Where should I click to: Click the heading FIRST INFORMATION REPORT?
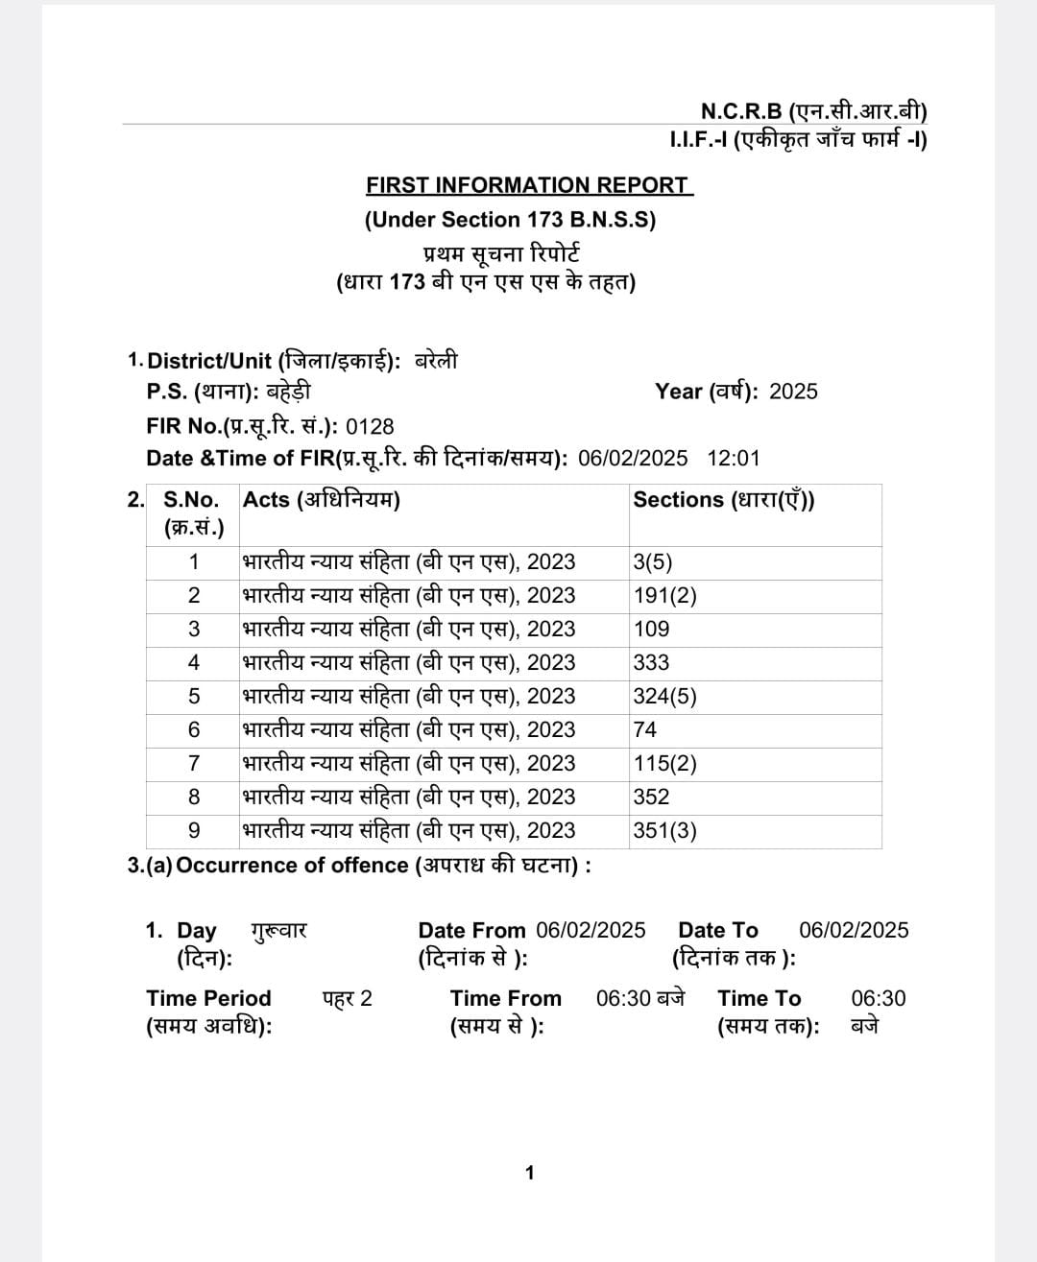click(x=528, y=185)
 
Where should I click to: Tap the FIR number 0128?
click(x=370, y=426)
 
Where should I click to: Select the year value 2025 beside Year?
click(x=793, y=392)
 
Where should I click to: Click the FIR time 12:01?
click(x=734, y=458)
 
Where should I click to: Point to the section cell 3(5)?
click(x=653, y=562)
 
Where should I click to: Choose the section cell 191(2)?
click(x=664, y=596)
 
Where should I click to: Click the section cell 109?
click(x=651, y=630)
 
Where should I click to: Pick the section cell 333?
click(x=651, y=663)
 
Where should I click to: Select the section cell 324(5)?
click(x=664, y=697)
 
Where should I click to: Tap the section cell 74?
click(x=645, y=730)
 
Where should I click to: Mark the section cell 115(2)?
click(x=664, y=764)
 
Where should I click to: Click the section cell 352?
click(x=651, y=798)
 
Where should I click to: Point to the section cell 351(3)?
click(x=664, y=831)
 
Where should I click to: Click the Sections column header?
click(x=723, y=500)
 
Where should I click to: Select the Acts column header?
click(x=321, y=500)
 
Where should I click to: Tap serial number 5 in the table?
click(x=194, y=697)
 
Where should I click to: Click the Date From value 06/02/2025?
click(x=591, y=930)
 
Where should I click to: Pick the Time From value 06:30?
click(x=624, y=998)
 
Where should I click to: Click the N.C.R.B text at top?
click(x=741, y=112)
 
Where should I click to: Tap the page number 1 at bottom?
click(x=529, y=1173)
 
